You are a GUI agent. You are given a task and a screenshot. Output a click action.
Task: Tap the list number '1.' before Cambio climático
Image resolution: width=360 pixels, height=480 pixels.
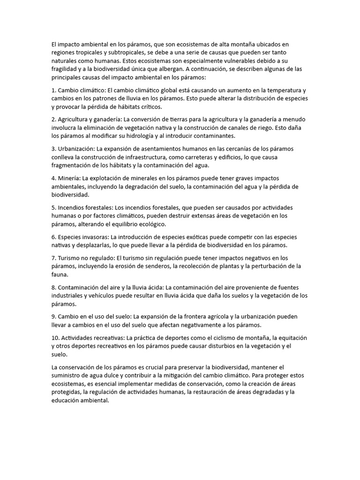tap(54, 90)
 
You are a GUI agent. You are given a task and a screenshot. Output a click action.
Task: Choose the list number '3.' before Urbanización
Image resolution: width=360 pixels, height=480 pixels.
tap(54, 149)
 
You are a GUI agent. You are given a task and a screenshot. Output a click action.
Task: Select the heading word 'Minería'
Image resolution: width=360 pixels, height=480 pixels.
tap(69, 178)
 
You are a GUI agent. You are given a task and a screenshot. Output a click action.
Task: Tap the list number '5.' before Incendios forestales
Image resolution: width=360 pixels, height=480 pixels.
tap(54, 207)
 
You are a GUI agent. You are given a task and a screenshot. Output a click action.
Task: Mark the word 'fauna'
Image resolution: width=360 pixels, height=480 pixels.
tap(60, 275)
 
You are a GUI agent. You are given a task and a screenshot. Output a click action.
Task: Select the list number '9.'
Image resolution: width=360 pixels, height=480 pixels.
tap(54, 316)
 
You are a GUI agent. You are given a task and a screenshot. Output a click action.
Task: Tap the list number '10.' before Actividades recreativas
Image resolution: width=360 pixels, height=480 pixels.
tap(55, 337)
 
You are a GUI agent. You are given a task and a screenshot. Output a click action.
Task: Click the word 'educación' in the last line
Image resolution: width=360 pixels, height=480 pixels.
tap(66, 401)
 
